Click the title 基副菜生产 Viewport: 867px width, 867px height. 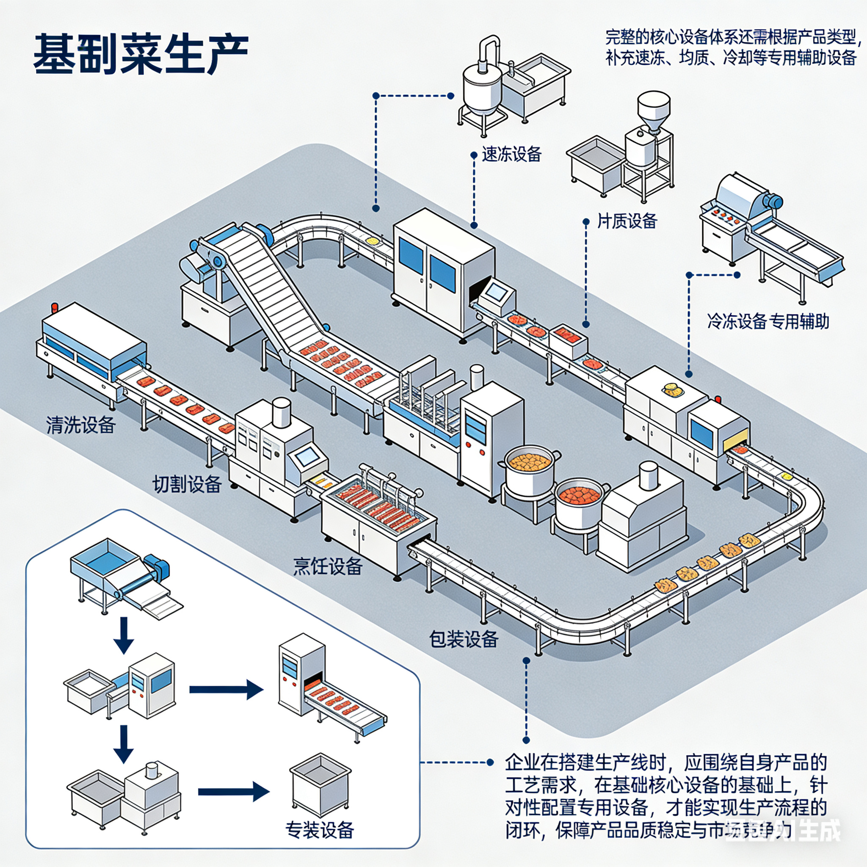point(141,54)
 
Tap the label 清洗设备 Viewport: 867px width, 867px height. point(81,425)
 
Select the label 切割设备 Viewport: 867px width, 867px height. point(187,484)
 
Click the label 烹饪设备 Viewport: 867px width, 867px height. point(328,566)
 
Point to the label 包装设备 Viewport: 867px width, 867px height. point(464,639)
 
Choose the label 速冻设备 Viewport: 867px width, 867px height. point(511,155)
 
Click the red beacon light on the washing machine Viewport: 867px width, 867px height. point(55,308)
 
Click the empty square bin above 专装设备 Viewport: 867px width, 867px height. point(320,783)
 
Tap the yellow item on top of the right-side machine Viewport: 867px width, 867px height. point(671,387)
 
